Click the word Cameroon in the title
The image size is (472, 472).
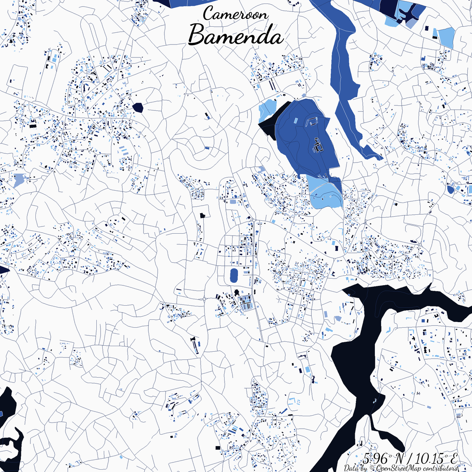tap(236, 14)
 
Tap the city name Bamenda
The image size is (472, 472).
tap(236, 36)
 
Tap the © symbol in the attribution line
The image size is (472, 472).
tap(372, 468)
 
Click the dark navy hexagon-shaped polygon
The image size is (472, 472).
tap(138, 107)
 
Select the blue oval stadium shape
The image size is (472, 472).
tap(234, 275)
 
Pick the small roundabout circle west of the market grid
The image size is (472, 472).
tap(205, 299)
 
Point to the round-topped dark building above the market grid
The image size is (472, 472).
tap(237, 293)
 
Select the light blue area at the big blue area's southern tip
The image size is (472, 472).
tap(325, 193)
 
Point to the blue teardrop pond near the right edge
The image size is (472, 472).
tap(451, 190)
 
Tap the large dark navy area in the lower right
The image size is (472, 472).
tap(362, 354)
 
